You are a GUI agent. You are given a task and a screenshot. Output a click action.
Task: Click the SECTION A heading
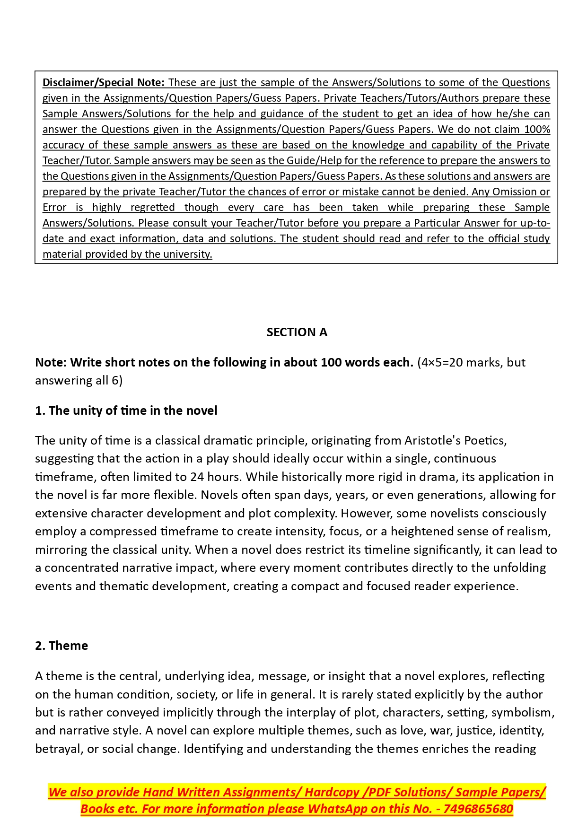pos(297,332)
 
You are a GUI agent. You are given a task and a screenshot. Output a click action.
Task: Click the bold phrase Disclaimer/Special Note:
pos(103,83)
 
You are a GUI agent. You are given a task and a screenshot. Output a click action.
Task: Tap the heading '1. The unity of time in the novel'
pos(126,411)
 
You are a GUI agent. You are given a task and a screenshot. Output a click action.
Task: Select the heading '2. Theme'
pos(61,646)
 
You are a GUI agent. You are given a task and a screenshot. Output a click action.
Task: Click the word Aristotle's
pos(432,441)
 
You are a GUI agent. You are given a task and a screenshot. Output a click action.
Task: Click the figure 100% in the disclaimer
pos(537,130)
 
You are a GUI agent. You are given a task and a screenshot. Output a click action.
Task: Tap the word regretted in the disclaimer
pos(152,208)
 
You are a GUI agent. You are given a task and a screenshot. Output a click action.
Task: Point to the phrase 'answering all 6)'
pos(79,381)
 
